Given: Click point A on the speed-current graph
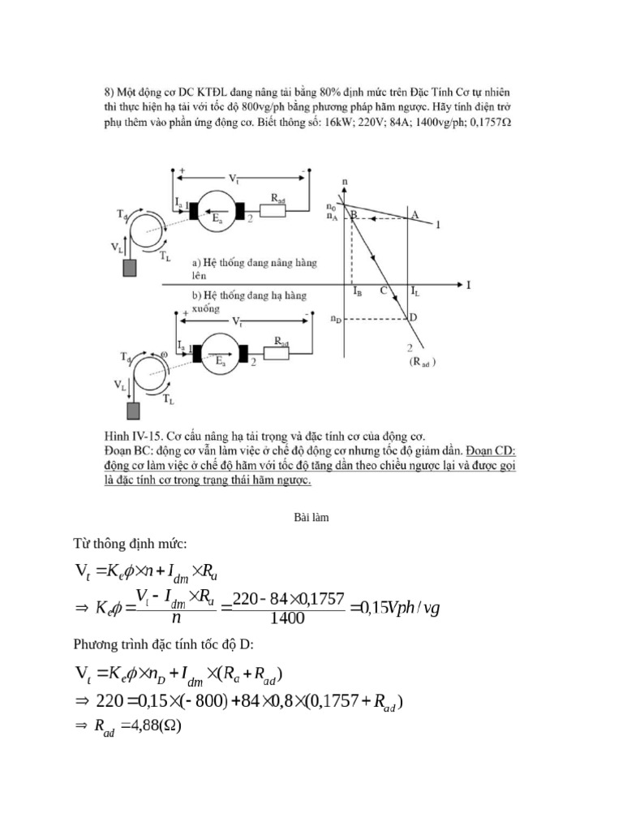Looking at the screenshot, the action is (415, 215).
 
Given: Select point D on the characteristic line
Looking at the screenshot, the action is (413, 317).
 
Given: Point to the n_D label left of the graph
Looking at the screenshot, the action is (335, 320).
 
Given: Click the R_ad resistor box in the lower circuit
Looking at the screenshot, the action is (276, 351).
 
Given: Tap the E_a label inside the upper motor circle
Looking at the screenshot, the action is (217, 219).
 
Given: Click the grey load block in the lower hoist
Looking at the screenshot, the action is (131, 411).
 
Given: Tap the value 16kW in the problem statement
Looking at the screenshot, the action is (339, 124).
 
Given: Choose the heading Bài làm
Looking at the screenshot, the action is (311, 511).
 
